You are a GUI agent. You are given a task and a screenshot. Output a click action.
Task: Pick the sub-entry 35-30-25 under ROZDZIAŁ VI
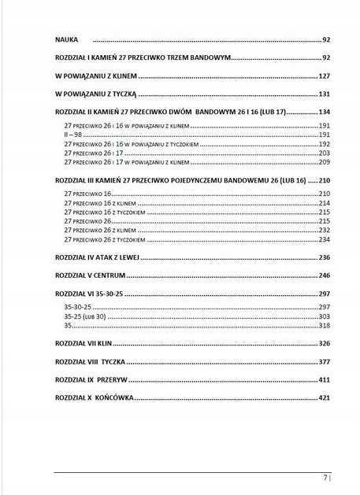[77, 306]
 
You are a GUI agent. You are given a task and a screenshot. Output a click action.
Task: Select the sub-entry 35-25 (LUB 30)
[84, 316]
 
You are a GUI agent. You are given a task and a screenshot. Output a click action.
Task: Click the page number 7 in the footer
[325, 478]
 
